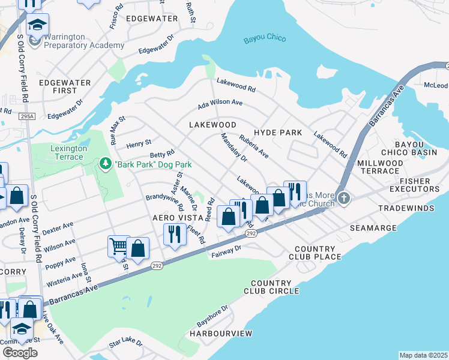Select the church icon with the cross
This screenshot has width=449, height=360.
(343, 197)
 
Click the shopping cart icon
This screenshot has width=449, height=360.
(118, 245)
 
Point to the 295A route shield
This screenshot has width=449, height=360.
(26, 116)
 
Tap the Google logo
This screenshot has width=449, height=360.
(20, 352)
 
